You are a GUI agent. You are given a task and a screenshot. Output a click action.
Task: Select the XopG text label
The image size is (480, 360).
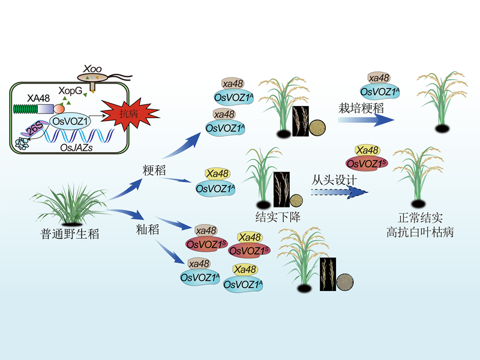coord(70,91)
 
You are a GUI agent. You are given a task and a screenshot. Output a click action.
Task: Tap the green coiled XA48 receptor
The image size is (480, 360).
coord(25,109)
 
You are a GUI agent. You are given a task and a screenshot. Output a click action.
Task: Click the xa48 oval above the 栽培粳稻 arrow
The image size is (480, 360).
coord(379,78)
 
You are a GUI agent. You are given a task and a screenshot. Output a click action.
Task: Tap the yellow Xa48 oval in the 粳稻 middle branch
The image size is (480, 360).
coord(217,174)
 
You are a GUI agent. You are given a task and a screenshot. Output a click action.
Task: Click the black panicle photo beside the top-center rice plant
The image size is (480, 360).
coord(300,119)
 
